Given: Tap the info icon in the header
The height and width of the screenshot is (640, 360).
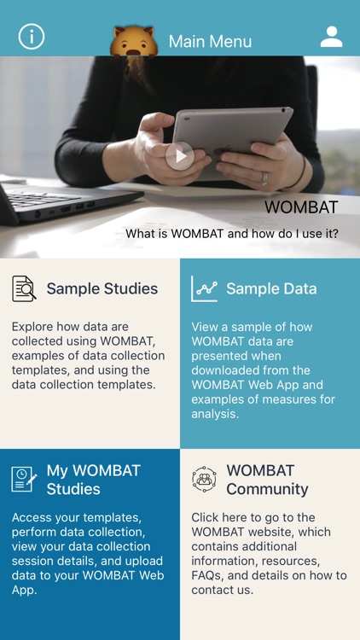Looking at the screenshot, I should (32, 37).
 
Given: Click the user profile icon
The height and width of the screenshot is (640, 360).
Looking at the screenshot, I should (331, 37).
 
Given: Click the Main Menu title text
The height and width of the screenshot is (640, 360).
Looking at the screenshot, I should (210, 41).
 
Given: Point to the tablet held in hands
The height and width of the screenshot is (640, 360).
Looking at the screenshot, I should (230, 137).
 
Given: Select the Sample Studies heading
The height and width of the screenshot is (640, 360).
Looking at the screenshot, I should (102, 288).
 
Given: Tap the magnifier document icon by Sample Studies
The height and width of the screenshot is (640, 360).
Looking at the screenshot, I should (24, 288).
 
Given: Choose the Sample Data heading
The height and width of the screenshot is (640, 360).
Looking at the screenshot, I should (271, 288).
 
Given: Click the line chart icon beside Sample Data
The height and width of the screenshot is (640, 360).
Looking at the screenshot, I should (205, 288).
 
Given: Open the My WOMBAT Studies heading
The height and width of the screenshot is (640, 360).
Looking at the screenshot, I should (93, 480).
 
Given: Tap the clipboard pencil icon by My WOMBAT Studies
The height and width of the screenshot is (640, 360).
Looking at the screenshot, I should (24, 479).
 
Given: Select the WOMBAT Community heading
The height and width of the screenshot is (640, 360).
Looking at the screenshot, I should (267, 480).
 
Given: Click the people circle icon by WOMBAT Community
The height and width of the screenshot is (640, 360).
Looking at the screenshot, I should (205, 479).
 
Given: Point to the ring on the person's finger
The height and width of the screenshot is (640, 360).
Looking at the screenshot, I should (264, 178).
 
